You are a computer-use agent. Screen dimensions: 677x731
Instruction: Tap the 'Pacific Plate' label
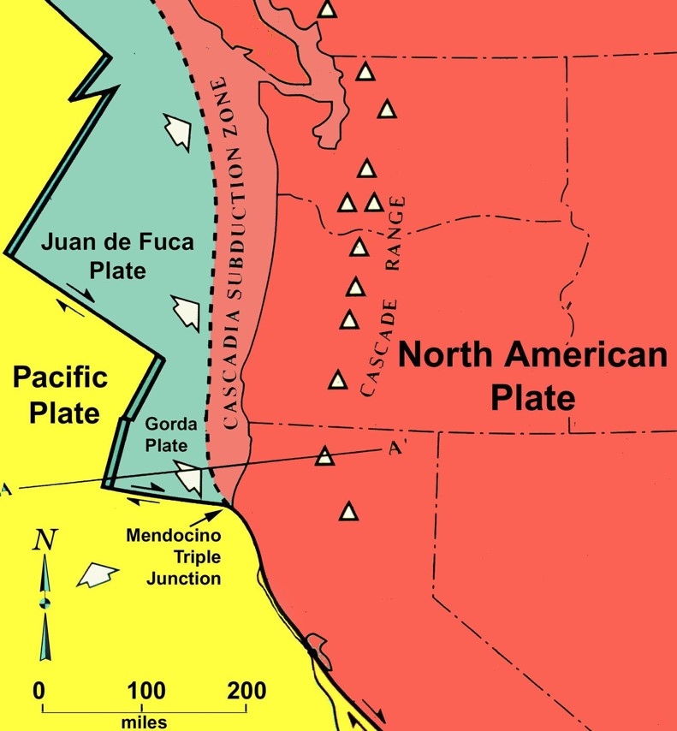point(59,395)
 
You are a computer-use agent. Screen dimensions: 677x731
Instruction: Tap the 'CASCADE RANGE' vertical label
point(381,295)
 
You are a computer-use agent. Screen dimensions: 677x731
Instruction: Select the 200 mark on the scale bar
point(246,690)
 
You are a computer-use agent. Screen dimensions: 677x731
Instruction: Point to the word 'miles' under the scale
point(144,722)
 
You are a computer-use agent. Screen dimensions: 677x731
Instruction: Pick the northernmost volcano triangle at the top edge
point(326,9)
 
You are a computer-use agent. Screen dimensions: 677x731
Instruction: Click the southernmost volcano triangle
point(348,512)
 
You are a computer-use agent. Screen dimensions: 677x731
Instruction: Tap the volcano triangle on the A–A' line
point(324,455)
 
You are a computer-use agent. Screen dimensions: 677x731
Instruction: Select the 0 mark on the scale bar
point(39,690)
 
